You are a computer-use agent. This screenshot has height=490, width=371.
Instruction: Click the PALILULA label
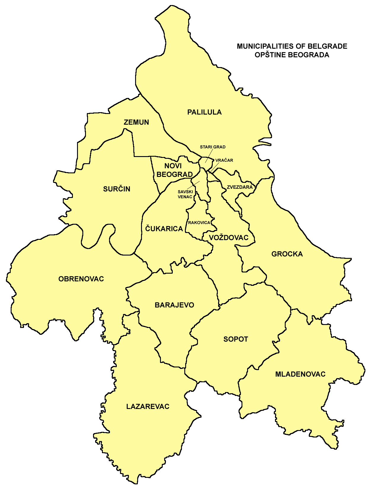204,112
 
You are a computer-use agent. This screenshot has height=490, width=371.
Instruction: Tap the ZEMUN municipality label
136,122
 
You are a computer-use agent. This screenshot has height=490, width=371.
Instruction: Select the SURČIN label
117,189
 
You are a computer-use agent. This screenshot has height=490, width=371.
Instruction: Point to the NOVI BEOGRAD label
174,170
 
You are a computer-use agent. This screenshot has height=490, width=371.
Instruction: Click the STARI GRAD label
212,147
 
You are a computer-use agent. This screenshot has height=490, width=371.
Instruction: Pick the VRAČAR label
224,160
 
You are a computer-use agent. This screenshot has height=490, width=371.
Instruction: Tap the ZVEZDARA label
240,187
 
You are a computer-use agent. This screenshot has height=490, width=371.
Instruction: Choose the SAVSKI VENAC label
185,194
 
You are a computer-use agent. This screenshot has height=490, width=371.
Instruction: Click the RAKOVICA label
199,223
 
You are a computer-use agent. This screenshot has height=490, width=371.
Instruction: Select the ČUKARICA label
164,229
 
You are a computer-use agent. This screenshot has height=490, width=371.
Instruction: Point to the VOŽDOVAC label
228,237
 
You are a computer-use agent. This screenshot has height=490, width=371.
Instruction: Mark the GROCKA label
287,254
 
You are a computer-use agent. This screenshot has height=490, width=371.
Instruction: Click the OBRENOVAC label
81,279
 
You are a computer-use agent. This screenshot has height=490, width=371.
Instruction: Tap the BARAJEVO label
174,305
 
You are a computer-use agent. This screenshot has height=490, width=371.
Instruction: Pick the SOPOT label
236,339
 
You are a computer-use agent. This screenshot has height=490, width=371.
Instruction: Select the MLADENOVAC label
300,374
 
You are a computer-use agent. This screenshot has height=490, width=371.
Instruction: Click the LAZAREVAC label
148,407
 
